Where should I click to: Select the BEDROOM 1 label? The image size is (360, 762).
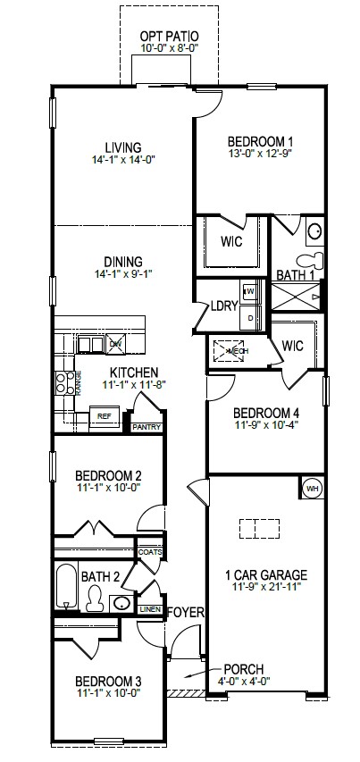(260, 141)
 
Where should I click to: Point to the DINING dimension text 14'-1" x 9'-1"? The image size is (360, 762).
(123, 274)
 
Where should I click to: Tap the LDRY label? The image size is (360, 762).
(223, 306)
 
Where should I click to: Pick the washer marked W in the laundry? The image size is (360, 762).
(250, 291)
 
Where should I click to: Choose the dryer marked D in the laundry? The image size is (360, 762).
(250, 316)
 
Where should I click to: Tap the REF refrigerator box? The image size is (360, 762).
(105, 415)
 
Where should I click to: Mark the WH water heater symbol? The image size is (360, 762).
(312, 489)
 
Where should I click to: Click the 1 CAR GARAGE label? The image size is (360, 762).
(266, 574)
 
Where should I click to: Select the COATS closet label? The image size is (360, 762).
(150, 552)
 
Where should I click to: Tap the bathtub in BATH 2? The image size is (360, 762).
(67, 590)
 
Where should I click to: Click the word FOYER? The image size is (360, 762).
(186, 613)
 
